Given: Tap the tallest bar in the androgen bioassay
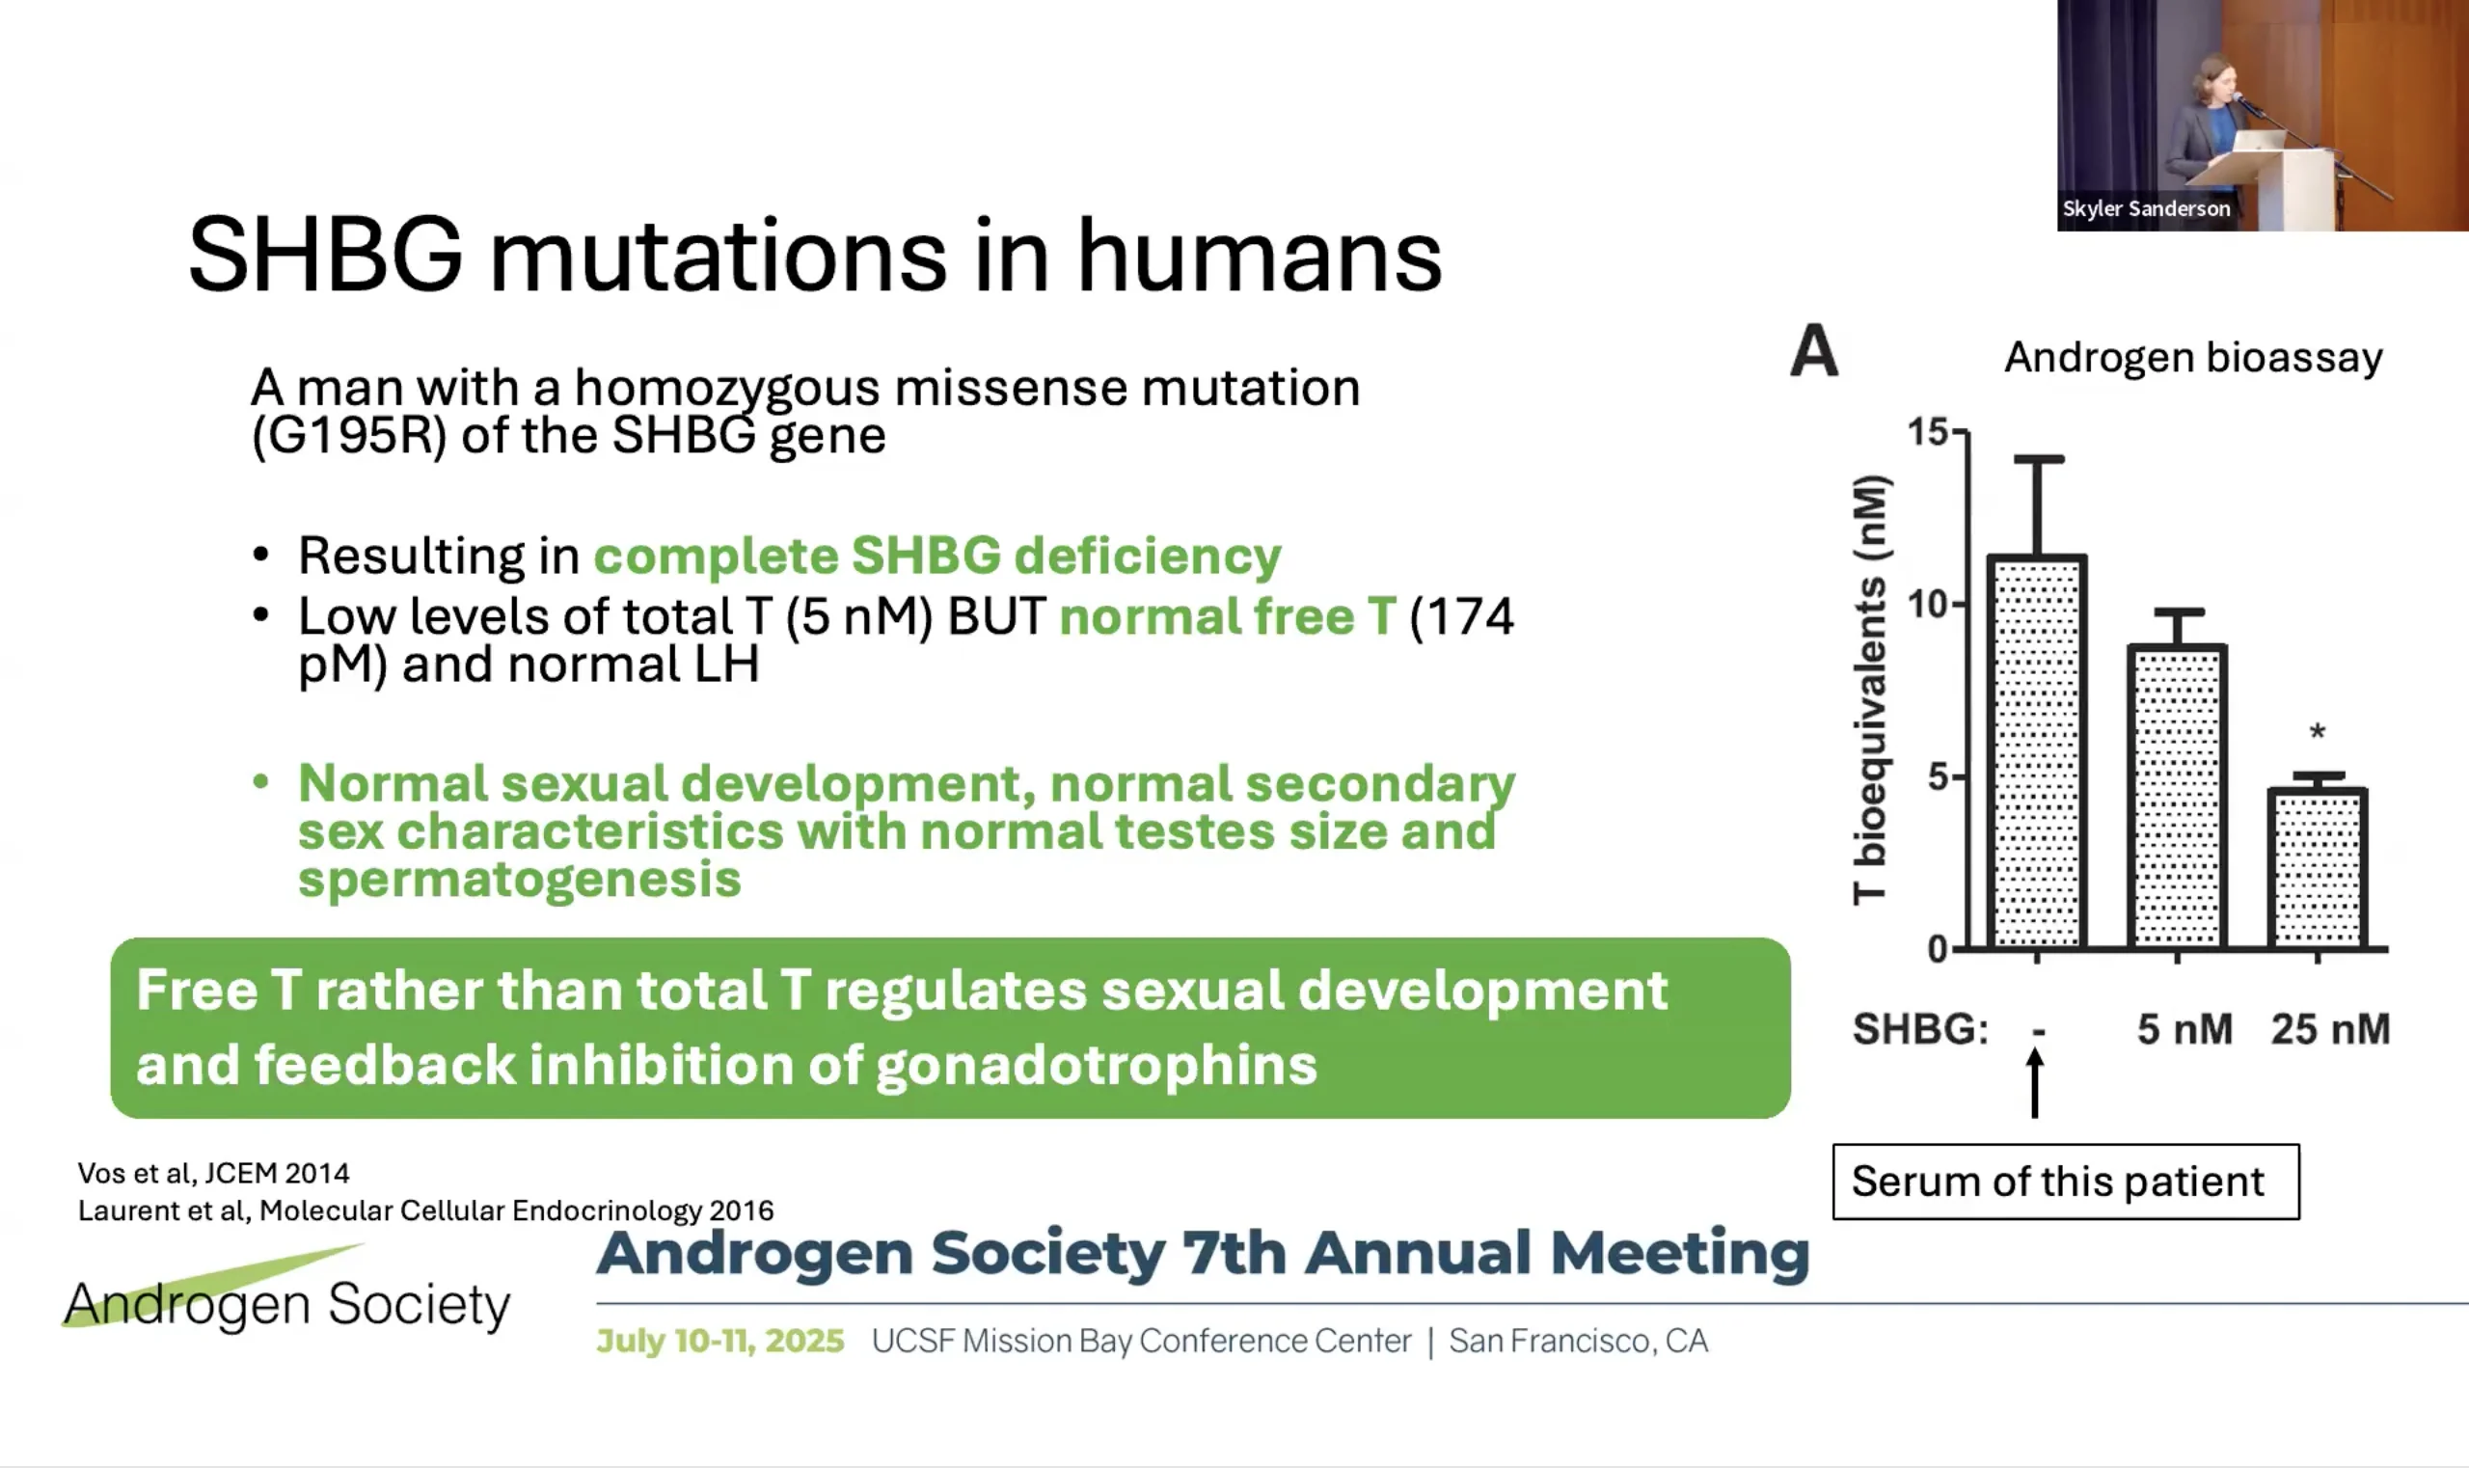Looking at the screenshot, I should tap(2038, 751).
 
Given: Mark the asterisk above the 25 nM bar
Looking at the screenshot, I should tap(2318, 733).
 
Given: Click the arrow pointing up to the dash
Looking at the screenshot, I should tap(2035, 1083).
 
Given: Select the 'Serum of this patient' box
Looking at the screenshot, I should tap(2066, 1182).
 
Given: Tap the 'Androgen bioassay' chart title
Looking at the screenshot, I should tap(2193, 357).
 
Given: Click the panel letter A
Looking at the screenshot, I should tap(1814, 351).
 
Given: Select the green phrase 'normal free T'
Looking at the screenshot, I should tap(1228, 616).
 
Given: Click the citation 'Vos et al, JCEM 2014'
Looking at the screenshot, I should tap(214, 1173).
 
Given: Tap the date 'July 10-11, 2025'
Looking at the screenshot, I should tap(720, 1341).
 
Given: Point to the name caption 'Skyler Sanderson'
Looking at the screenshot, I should tap(2146, 208).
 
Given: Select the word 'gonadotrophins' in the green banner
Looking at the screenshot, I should tap(1096, 1066).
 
